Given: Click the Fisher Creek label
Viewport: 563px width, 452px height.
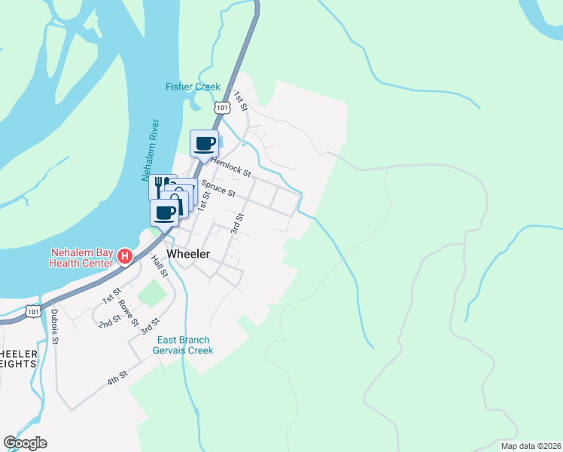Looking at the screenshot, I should [x=193, y=87].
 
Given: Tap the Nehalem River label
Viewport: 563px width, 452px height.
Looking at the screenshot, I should [x=148, y=151].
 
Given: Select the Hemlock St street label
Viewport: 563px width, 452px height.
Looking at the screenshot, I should [x=230, y=166].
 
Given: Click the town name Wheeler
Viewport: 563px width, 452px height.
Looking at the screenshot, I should [x=188, y=255].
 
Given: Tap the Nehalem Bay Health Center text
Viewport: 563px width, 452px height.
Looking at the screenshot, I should [x=81, y=258].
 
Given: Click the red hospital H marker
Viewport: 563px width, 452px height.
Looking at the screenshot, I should [x=126, y=258].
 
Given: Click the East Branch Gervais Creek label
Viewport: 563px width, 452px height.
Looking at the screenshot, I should [x=183, y=345].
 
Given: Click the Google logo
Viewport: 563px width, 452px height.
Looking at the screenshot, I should [x=25, y=443].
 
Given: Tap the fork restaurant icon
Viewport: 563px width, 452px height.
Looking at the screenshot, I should [x=160, y=185].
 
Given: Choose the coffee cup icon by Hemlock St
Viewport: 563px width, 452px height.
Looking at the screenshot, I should [x=205, y=142].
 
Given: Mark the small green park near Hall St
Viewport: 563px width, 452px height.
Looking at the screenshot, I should [x=153, y=293].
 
